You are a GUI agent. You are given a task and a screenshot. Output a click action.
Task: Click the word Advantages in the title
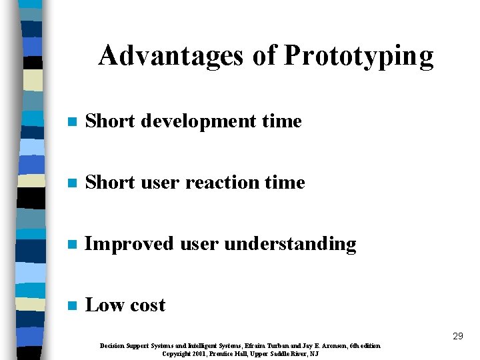pyautogui.click(x=172, y=56)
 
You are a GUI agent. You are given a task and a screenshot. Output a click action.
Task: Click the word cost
pyautogui.click(x=148, y=306)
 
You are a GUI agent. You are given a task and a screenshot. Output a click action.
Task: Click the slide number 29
pyautogui.click(x=457, y=337)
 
